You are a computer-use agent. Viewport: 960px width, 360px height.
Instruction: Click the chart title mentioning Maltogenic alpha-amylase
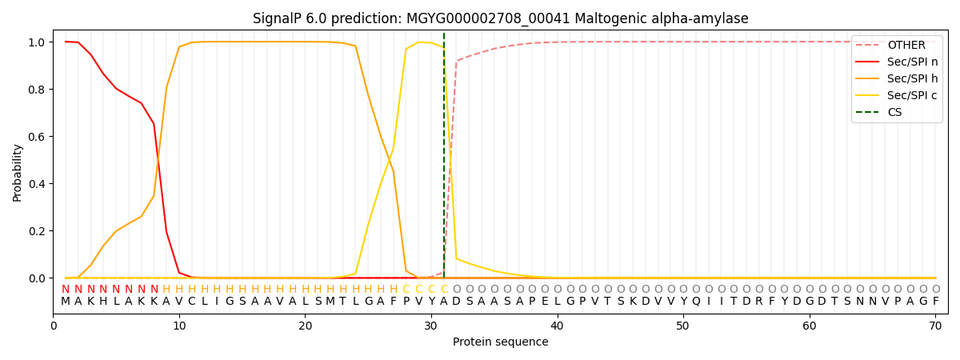click(500, 18)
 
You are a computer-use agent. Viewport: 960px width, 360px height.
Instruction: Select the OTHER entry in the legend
click(906, 46)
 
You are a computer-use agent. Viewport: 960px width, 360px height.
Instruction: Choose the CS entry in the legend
click(894, 112)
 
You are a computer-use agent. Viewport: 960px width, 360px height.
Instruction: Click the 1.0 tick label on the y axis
click(38, 42)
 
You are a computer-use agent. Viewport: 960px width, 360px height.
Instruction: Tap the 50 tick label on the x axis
click(683, 326)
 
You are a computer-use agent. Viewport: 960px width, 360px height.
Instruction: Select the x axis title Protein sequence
click(500, 342)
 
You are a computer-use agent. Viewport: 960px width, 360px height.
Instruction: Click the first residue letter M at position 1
click(66, 302)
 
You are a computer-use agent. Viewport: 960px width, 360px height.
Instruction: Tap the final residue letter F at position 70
click(935, 302)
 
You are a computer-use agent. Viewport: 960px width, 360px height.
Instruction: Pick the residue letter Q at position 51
click(696, 302)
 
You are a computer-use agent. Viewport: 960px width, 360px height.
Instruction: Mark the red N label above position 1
click(66, 290)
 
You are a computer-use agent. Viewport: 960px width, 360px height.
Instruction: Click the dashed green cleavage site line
click(444, 160)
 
